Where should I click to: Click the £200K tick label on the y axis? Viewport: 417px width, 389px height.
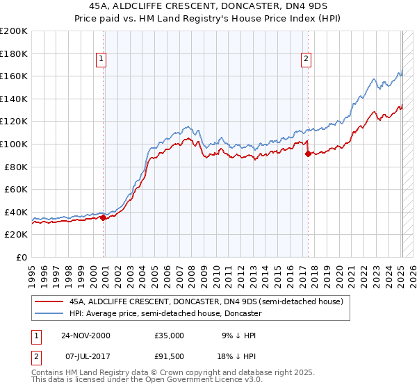[14, 31]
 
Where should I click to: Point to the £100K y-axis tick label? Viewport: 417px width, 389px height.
[14, 144]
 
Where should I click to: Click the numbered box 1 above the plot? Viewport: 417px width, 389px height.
[101, 60]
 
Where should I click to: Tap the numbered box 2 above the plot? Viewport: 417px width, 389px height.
[306, 60]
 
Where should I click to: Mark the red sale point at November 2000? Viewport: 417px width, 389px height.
[104, 217]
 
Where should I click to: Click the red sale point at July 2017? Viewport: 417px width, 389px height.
[307, 154]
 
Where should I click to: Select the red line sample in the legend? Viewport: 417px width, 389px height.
[48, 302]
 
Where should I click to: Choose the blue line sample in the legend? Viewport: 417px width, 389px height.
[48, 313]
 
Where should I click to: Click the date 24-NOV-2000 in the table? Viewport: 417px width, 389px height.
[85, 336]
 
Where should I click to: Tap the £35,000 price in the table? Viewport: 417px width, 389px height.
[169, 336]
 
